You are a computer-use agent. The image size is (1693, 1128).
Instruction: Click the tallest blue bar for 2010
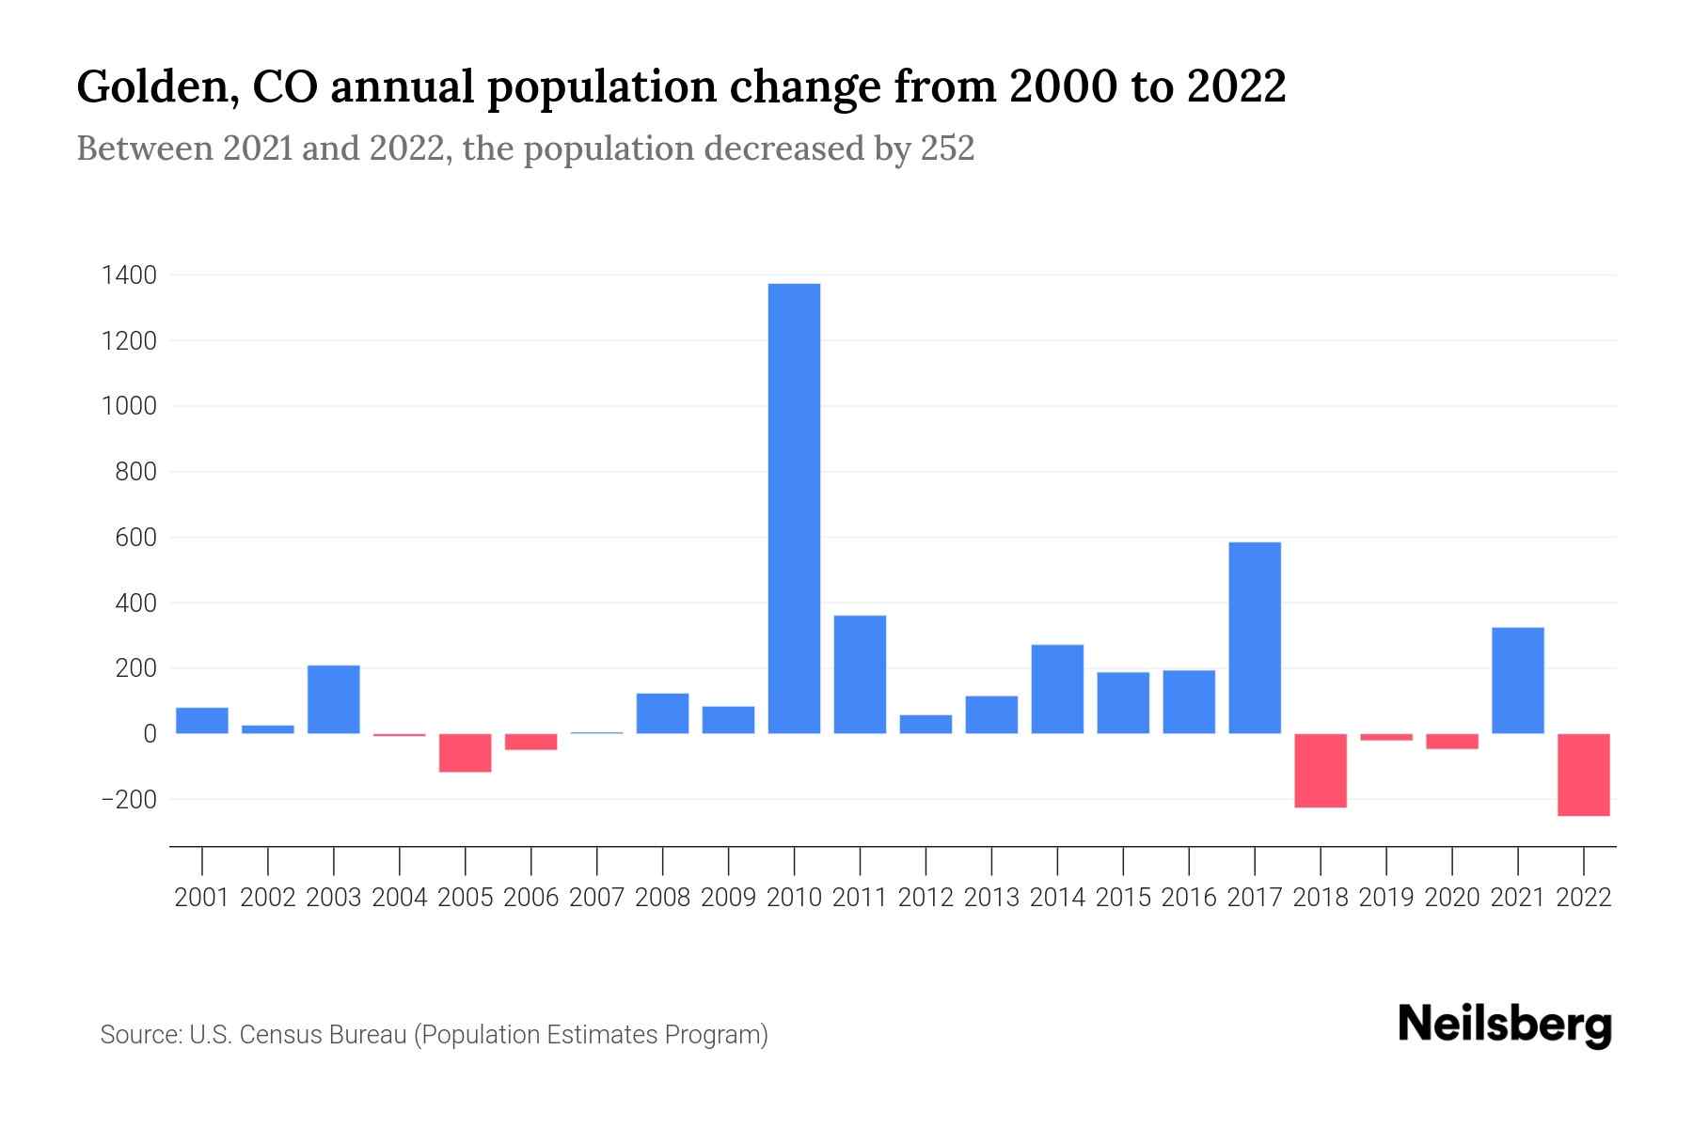tap(794, 508)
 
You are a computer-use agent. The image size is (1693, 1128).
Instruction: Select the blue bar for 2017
tap(1255, 637)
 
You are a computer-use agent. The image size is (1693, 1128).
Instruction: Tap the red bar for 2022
tap(1584, 775)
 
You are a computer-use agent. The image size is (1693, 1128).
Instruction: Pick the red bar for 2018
tap(1321, 770)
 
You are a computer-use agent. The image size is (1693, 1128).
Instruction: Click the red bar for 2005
tap(466, 753)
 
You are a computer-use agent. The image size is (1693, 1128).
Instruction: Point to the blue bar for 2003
tap(334, 699)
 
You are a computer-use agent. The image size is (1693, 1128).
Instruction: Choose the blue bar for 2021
tap(1518, 680)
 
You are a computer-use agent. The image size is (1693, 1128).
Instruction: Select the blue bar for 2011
tap(860, 674)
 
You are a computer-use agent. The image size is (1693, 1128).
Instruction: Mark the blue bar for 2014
tap(1057, 689)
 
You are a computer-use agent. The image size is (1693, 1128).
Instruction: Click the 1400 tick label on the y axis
tap(130, 275)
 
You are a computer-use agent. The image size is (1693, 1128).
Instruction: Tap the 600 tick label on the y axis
tap(136, 538)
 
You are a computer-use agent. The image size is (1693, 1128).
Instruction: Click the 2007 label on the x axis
tap(597, 898)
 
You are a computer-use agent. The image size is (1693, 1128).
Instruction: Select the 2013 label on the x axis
tap(991, 898)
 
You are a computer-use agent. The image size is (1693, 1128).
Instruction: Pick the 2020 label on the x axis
tap(1452, 898)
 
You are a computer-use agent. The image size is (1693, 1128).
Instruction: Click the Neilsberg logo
tap(1505, 1026)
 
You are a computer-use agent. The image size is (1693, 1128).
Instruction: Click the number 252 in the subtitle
tap(947, 149)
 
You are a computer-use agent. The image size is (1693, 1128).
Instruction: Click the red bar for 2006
tap(531, 742)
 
